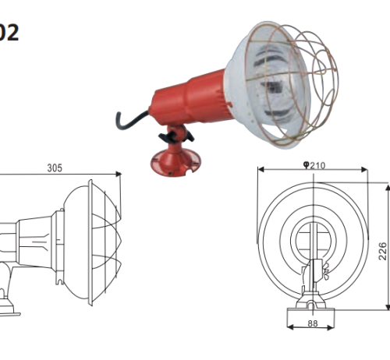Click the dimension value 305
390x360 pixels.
coord(55,168)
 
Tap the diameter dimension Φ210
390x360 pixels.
coord(317,164)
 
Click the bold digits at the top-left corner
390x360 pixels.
coord(9,33)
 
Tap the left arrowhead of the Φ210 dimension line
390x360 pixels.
coord(262,169)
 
